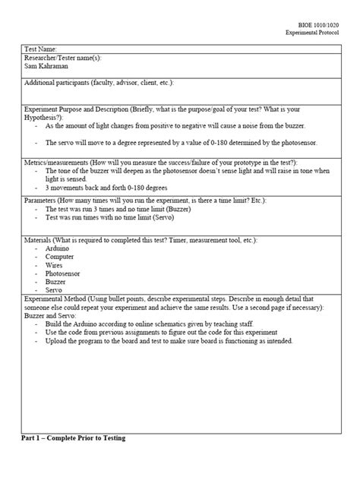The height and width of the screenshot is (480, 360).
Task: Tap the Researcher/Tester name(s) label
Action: [x=62, y=58]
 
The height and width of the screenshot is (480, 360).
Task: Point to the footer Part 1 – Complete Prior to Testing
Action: [x=73, y=439]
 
